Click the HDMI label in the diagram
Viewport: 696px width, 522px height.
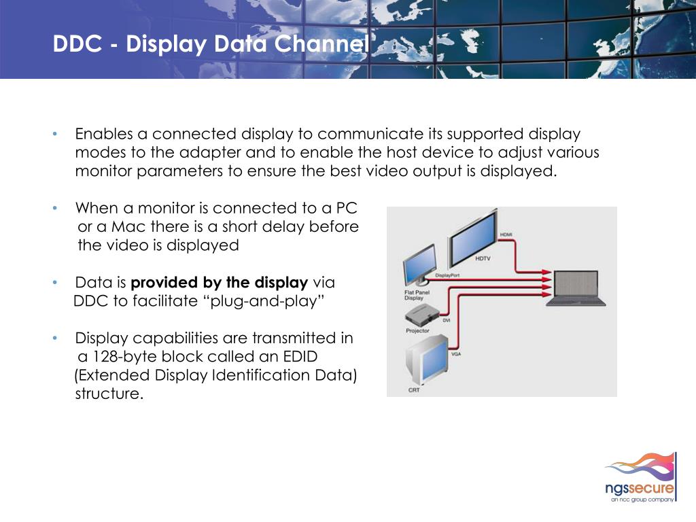pos(506,234)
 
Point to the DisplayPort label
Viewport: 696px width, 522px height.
pos(447,275)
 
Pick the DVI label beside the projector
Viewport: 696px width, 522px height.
pos(447,319)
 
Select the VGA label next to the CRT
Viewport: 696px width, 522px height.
pos(456,353)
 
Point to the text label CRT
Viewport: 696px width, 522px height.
pos(414,389)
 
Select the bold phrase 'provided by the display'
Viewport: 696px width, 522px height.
pos(219,283)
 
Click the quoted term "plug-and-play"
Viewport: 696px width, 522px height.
pos(264,302)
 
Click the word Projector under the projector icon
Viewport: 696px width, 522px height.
pos(417,330)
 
